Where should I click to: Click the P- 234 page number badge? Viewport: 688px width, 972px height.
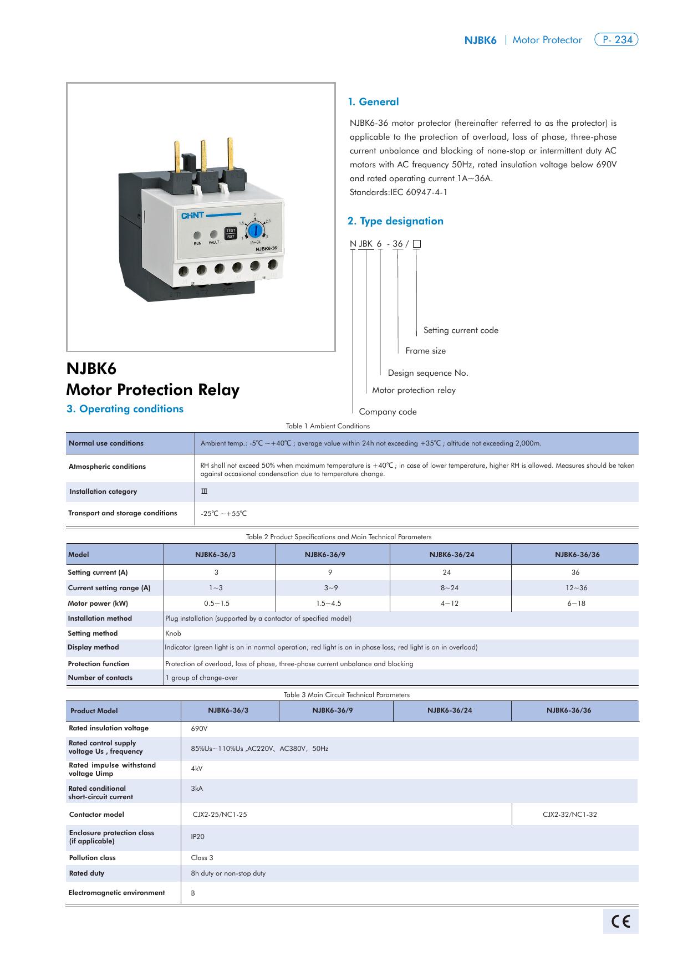tap(616, 40)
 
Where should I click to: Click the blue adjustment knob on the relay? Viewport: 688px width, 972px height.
tap(254, 229)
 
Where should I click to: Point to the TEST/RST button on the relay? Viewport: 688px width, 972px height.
tap(230, 233)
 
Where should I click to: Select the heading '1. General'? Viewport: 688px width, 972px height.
tap(373, 102)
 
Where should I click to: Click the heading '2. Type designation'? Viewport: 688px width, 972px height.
tap(395, 221)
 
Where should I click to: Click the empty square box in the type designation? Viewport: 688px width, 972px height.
tap(417, 244)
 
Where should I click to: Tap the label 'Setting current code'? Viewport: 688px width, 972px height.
tap(461, 330)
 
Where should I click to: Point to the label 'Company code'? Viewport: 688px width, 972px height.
tap(388, 412)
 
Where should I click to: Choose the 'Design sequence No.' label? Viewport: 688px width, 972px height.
tap(428, 373)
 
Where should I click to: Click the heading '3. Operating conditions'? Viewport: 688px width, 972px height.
tap(125, 409)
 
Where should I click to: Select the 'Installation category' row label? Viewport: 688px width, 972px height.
tap(103, 492)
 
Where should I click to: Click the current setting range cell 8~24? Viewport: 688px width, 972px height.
tap(450, 588)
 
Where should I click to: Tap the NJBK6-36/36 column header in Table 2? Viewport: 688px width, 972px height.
tap(577, 555)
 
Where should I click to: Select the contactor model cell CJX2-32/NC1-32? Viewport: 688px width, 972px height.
tap(569, 815)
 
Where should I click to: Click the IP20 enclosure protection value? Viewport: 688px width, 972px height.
tap(198, 837)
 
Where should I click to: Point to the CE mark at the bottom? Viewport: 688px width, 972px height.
tap(620, 921)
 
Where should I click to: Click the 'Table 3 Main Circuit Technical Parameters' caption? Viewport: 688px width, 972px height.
tap(346, 695)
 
